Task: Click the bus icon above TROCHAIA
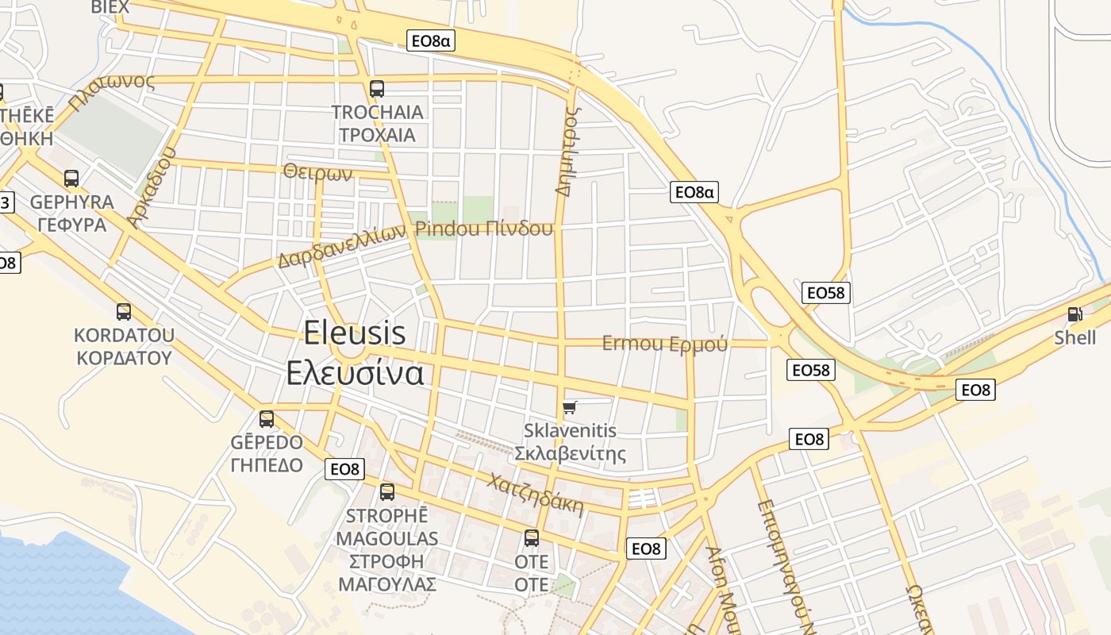[377, 89]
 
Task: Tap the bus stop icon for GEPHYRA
[71, 179]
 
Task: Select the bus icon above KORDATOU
[124, 312]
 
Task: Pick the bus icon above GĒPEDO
[267, 419]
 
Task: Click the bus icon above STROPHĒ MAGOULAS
[387, 492]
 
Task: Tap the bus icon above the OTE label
[532, 538]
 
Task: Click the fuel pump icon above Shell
[1075, 314]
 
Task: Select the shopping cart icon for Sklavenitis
[569, 409]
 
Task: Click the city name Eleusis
[355, 333]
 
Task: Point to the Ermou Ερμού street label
[664, 344]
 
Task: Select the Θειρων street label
[317, 172]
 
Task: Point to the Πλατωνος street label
[110, 93]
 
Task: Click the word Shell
[1074, 338]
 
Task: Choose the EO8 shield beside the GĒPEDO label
[344, 469]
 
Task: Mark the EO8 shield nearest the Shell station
[976, 390]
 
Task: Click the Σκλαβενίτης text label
[570, 454]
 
